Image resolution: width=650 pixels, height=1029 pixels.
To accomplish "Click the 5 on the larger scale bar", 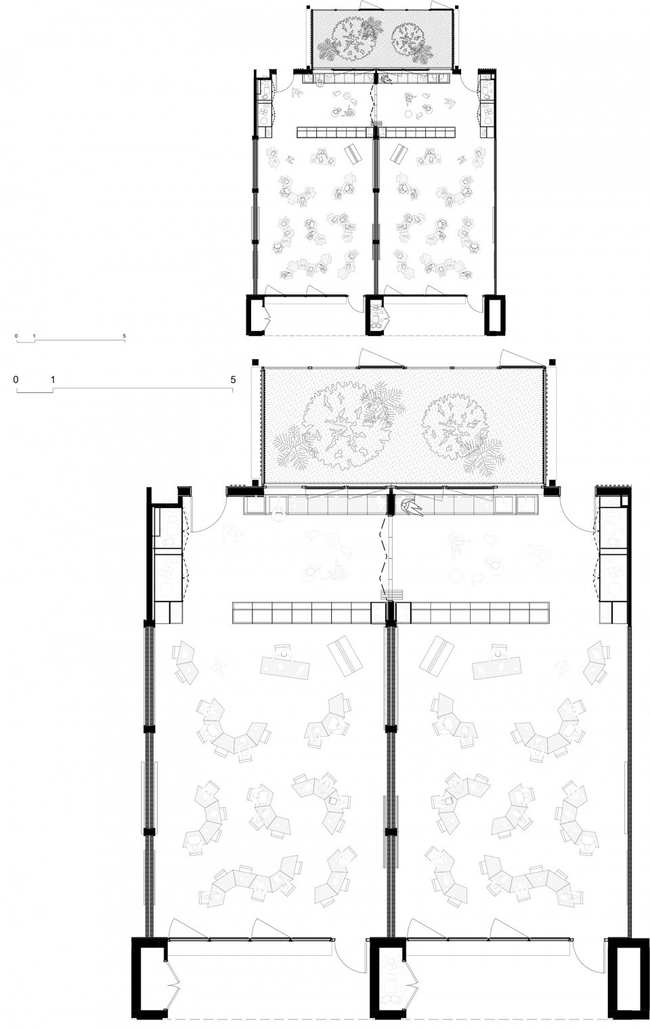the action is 233,380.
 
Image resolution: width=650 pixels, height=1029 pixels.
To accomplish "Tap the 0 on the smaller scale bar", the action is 16,336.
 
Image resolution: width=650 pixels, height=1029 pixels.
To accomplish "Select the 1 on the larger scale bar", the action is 53,380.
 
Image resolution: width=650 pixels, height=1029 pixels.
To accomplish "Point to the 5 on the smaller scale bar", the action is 124,336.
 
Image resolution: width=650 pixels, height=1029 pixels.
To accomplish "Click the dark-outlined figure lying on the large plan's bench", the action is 412,508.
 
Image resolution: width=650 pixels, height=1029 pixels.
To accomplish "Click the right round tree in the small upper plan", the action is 408,40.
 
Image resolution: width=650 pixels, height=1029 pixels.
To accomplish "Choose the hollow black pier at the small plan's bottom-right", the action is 496,315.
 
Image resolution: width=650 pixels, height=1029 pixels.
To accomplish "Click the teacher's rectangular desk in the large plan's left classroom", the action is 285,665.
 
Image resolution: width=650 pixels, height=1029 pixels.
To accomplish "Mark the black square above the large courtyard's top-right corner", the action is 552,361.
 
